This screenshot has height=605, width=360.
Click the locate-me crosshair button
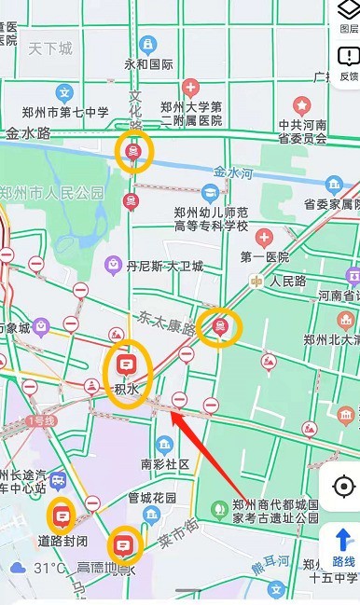[x=343, y=487]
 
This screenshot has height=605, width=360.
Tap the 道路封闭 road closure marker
[x=62, y=514]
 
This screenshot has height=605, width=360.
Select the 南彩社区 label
[x=165, y=463]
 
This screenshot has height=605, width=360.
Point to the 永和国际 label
[x=149, y=64]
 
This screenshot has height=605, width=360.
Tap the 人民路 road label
[x=288, y=280]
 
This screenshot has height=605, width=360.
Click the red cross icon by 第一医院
[x=264, y=237]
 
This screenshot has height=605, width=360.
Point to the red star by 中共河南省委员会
[x=302, y=104]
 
